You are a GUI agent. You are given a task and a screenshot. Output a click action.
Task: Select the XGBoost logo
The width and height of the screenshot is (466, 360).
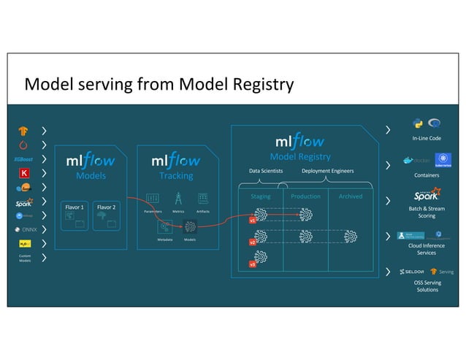[x=24, y=159]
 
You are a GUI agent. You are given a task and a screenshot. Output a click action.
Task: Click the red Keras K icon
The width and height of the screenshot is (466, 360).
[x=24, y=173]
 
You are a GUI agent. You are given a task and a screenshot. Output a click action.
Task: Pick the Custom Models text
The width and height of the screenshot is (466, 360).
[x=24, y=258]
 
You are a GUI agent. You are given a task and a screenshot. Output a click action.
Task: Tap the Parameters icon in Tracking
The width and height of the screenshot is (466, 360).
[x=153, y=199]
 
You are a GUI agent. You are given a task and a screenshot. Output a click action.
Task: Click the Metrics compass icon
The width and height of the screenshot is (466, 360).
[x=177, y=199]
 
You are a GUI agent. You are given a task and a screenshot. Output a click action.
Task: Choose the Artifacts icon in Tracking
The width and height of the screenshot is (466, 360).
[x=203, y=199]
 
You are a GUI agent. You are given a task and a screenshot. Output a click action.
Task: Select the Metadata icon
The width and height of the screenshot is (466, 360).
[x=165, y=226]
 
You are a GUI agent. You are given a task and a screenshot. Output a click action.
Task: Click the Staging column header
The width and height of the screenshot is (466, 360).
[x=261, y=196]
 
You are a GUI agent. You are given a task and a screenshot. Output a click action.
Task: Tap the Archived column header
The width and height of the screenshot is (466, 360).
[x=350, y=196]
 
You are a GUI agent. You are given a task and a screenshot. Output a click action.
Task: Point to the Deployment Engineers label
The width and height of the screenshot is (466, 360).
[x=327, y=171]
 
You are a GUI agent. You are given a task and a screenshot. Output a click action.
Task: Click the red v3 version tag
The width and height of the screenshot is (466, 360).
[x=253, y=264]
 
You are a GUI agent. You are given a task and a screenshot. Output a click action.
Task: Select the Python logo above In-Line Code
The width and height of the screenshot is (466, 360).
[x=418, y=123]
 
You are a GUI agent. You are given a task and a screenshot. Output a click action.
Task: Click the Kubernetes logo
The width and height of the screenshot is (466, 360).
[x=442, y=160]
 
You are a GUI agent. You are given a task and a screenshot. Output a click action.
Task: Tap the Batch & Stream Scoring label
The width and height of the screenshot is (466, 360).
[x=427, y=212]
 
